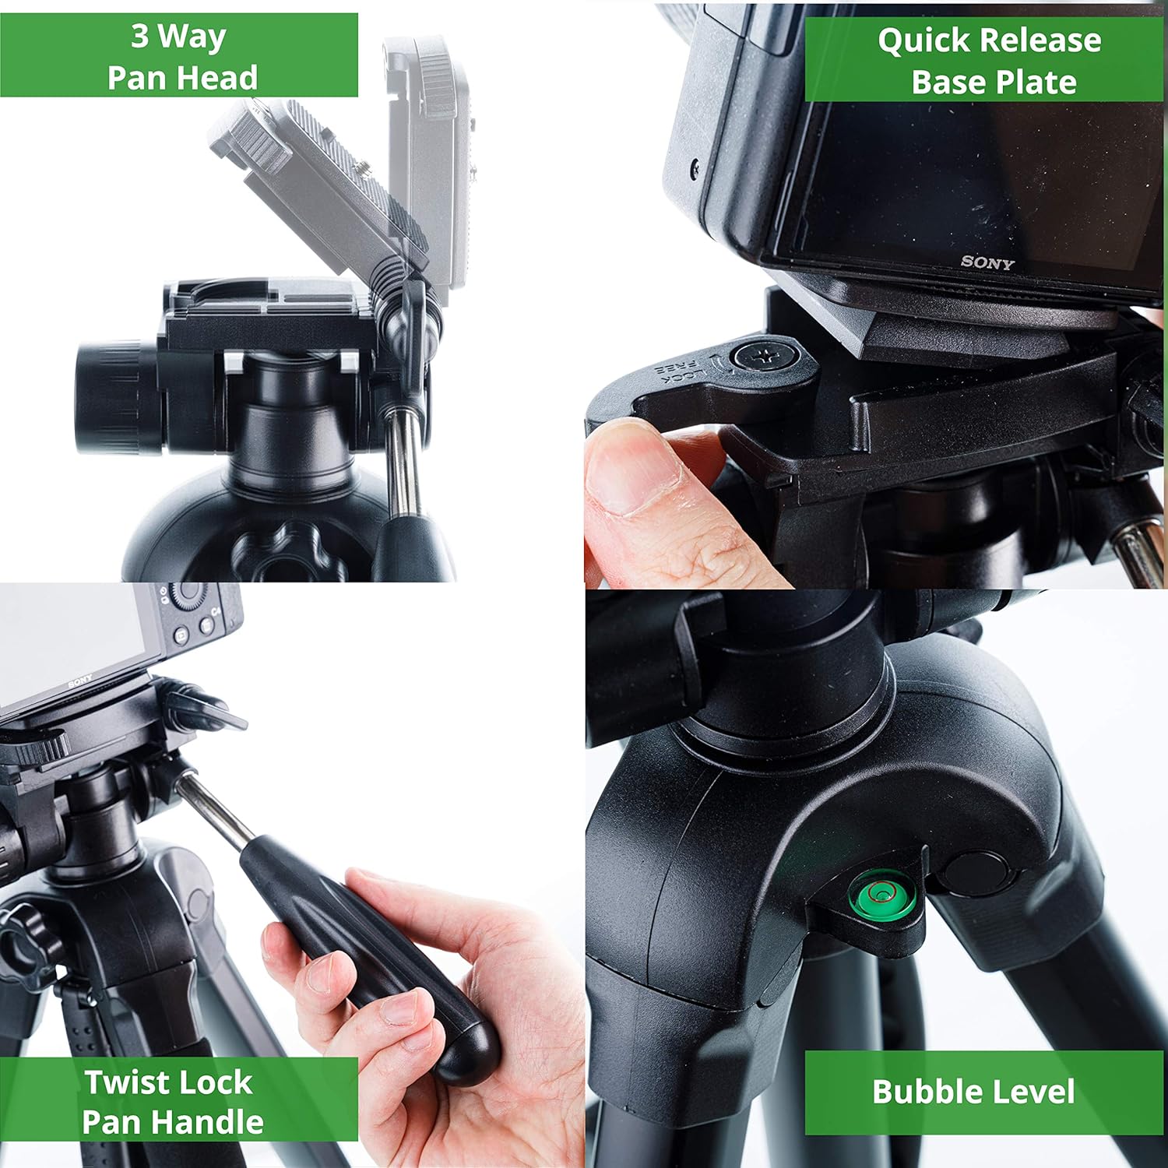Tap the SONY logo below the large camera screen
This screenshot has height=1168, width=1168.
tap(987, 262)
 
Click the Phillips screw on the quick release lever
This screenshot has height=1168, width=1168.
tap(766, 357)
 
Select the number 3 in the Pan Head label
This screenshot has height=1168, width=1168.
tap(139, 36)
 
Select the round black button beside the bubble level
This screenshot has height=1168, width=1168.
tap(973, 872)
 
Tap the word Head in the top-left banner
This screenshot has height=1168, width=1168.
tap(226, 79)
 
